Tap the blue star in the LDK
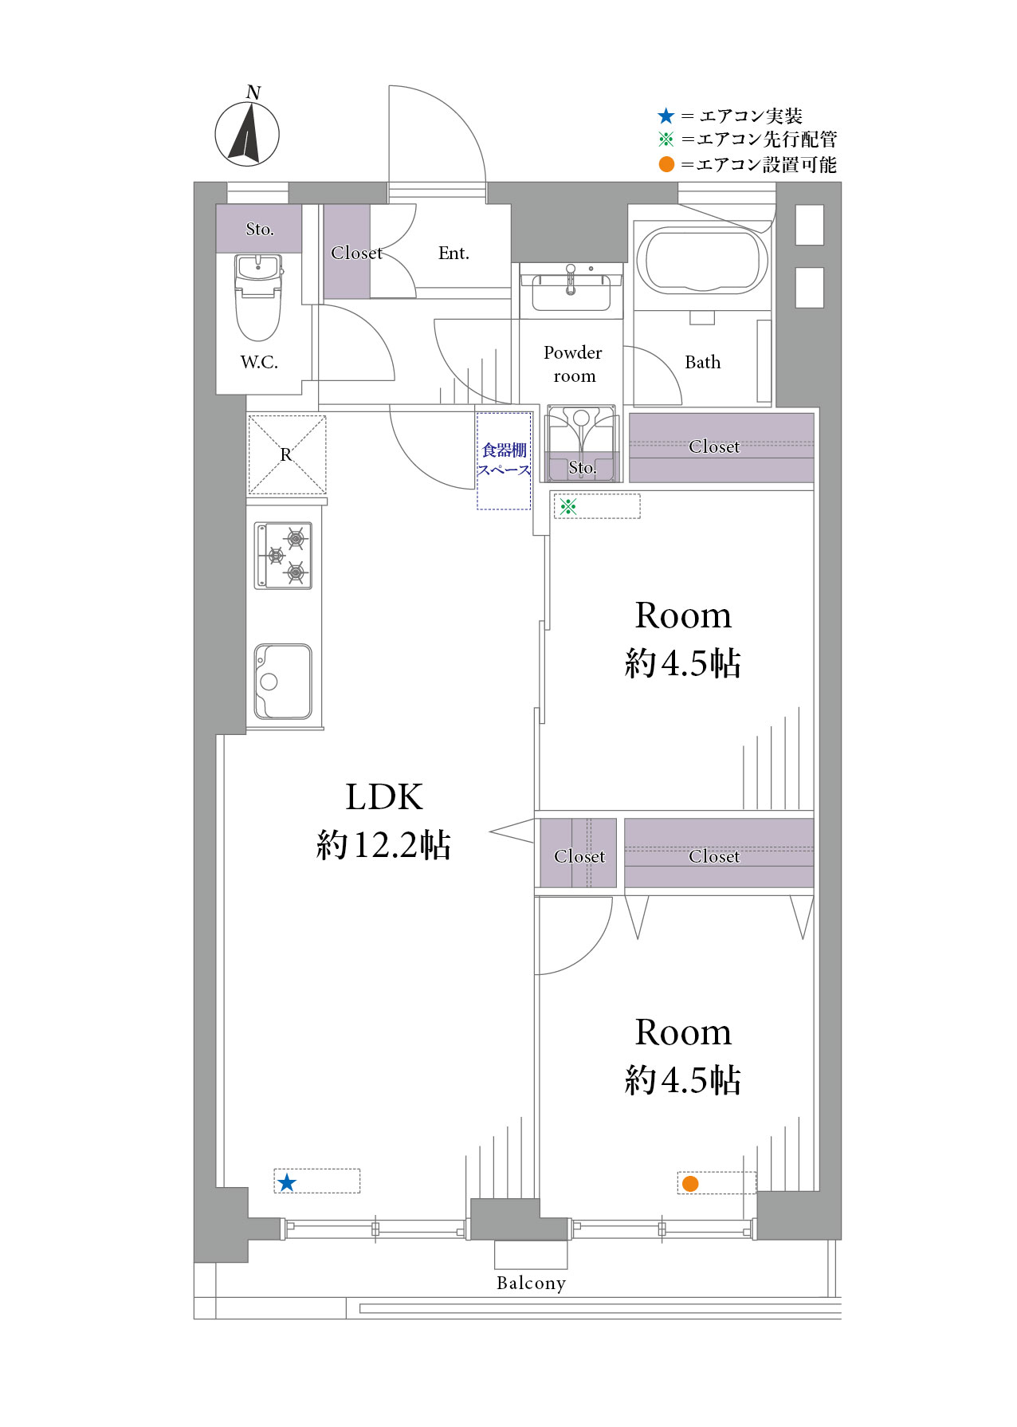pyautogui.click(x=287, y=1182)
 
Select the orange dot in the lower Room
pyautogui.click(x=690, y=1184)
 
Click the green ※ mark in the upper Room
pyautogui.click(x=568, y=506)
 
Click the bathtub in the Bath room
pyautogui.click(x=702, y=260)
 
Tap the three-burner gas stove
pyautogui.click(x=283, y=556)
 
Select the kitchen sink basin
pyautogui.click(x=283, y=682)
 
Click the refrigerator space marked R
pyautogui.click(x=287, y=454)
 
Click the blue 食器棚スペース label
pyautogui.click(x=505, y=460)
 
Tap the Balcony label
pyautogui.click(x=531, y=1283)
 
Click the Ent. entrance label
pyautogui.click(x=454, y=254)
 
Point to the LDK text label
pyautogui.click(x=384, y=796)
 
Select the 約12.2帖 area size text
pyautogui.click(x=384, y=844)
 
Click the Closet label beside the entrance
pyautogui.click(x=357, y=253)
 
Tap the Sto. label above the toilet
pyautogui.click(x=260, y=230)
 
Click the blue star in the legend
pyautogui.click(x=666, y=116)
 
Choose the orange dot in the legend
pyautogui.click(x=666, y=165)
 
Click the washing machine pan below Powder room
pyautogui.click(x=581, y=443)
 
